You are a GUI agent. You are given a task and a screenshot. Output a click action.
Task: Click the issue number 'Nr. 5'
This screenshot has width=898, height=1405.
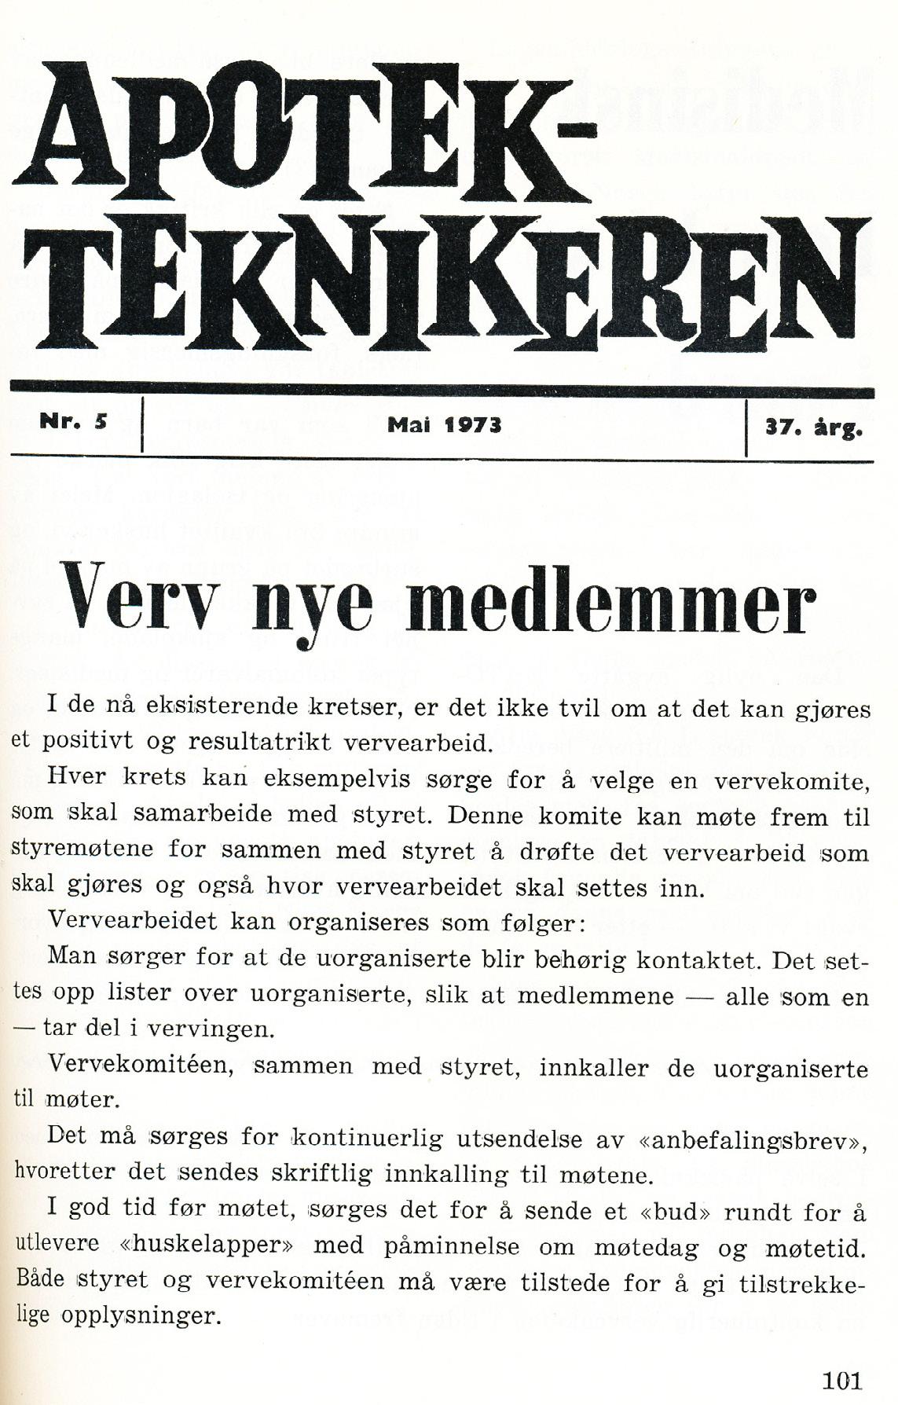click(73, 420)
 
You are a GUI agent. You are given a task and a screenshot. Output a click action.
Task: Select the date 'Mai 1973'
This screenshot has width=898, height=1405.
click(444, 425)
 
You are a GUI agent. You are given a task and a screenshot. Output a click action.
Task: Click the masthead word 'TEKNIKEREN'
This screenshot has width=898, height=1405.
click(448, 286)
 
